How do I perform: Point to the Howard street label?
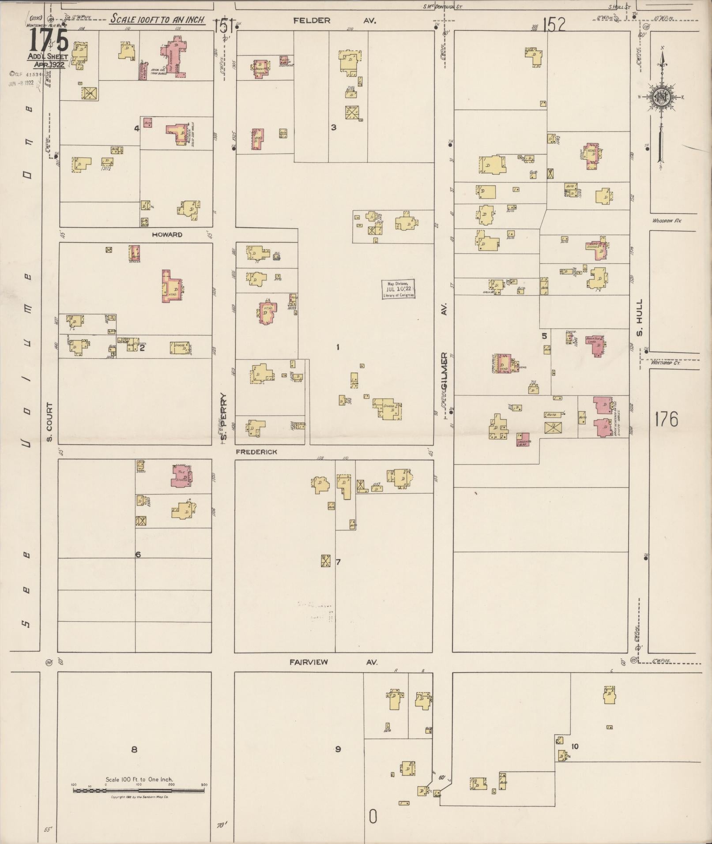167,235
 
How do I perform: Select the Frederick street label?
256,452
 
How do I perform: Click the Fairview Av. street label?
334,662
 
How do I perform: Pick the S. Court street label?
49,421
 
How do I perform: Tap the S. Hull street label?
640,318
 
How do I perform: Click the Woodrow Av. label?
667,220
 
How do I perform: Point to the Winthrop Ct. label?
667,363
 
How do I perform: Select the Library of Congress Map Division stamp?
398,289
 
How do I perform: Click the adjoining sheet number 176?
666,419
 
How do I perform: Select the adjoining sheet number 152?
554,24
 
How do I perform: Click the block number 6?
138,554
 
